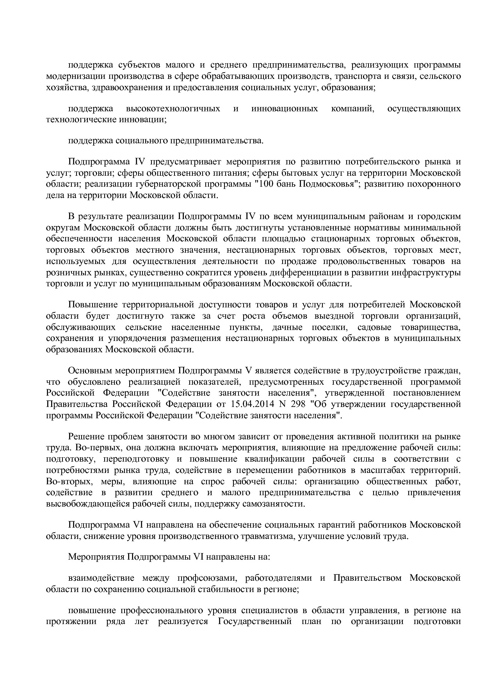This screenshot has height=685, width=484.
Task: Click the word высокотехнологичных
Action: pos(173,109)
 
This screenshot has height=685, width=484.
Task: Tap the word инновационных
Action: pos(285,109)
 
